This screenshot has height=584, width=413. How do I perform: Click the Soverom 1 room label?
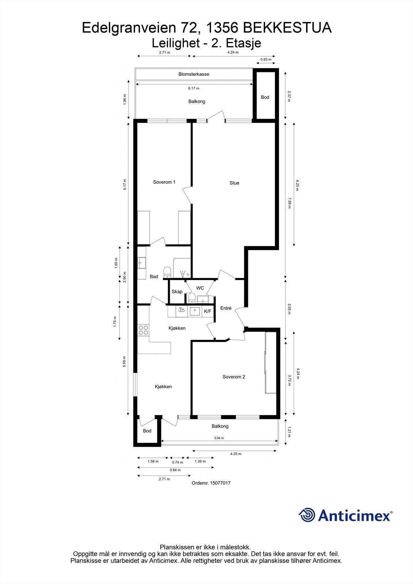[x=164, y=182]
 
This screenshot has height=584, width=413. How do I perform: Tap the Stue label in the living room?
[x=234, y=183]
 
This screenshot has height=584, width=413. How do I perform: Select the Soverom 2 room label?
[x=234, y=377]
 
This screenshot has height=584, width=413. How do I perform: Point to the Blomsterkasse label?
[x=194, y=74]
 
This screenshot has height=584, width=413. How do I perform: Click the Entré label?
[x=226, y=308]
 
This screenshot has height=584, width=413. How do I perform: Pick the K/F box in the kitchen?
[x=207, y=311]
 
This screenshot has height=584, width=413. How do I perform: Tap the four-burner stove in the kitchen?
[x=143, y=330]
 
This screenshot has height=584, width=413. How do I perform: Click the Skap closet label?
[x=177, y=292]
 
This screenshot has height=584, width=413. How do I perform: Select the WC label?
[x=200, y=288]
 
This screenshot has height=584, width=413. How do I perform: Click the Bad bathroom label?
[x=154, y=277]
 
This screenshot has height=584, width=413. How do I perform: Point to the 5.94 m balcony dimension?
[x=219, y=438]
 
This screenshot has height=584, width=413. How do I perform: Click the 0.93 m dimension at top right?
[x=266, y=59]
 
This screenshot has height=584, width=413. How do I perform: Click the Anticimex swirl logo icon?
[x=307, y=515]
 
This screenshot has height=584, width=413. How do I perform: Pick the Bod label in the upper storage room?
[x=265, y=97]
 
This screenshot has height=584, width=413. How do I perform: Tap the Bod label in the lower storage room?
[x=147, y=431]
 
